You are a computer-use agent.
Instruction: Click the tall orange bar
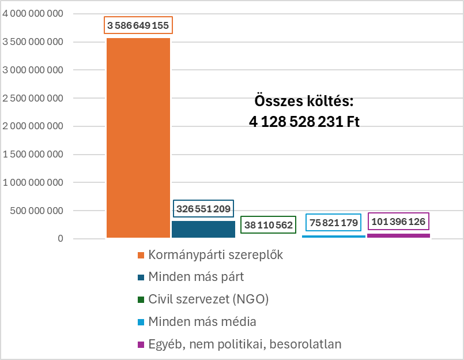tap(138, 138)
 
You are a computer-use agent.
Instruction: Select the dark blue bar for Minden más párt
tap(203, 229)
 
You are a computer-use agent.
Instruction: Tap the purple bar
tap(399, 235)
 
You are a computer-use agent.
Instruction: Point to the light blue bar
tap(334, 237)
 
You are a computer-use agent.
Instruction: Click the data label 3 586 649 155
tap(138, 26)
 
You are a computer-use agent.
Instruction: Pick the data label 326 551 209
tap(203, 208)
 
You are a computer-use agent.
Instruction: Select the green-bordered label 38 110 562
tap(268, 225)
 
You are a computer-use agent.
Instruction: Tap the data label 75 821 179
tap(334, 223)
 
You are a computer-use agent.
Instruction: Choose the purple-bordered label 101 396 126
tap(399, 222)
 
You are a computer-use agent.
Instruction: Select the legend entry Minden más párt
tap(196, 277)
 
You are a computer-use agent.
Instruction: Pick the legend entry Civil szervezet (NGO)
tap(208, 299)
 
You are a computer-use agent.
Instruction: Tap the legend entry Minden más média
tap(202, 321)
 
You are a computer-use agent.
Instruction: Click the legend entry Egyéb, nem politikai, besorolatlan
tap(244, 344)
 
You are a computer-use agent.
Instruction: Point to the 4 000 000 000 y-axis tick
tap(33, 14)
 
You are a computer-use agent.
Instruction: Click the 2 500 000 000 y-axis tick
tap(33, 99)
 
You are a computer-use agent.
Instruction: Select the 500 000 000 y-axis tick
tap(37, 211)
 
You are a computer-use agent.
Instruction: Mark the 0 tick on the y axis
tap(60, 239)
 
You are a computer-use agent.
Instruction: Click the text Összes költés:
tap(304, 101)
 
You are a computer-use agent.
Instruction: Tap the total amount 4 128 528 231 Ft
tap(304, 122)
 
